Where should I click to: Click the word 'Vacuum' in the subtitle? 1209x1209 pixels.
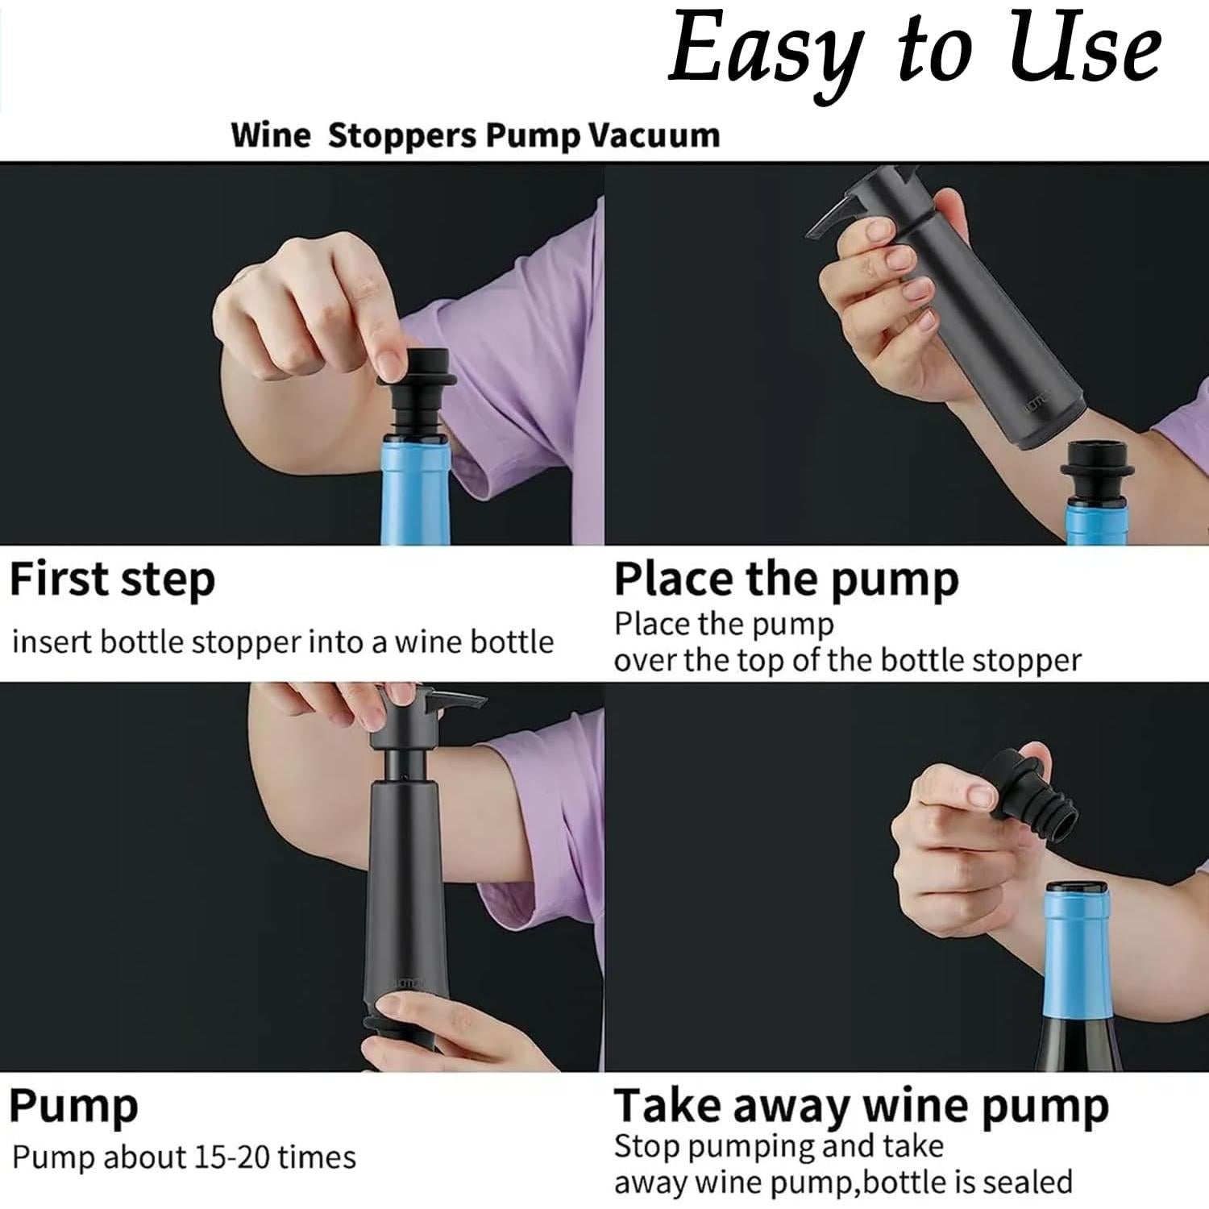click(x=653, y=135)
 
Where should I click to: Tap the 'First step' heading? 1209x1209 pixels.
click(x=112, y=580)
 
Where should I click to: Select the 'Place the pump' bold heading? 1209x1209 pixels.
click(x=786, y=580)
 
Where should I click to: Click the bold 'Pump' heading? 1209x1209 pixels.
click(x=73, y=1106)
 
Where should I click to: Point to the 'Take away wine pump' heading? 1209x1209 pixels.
click(x=861, y=1106)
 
